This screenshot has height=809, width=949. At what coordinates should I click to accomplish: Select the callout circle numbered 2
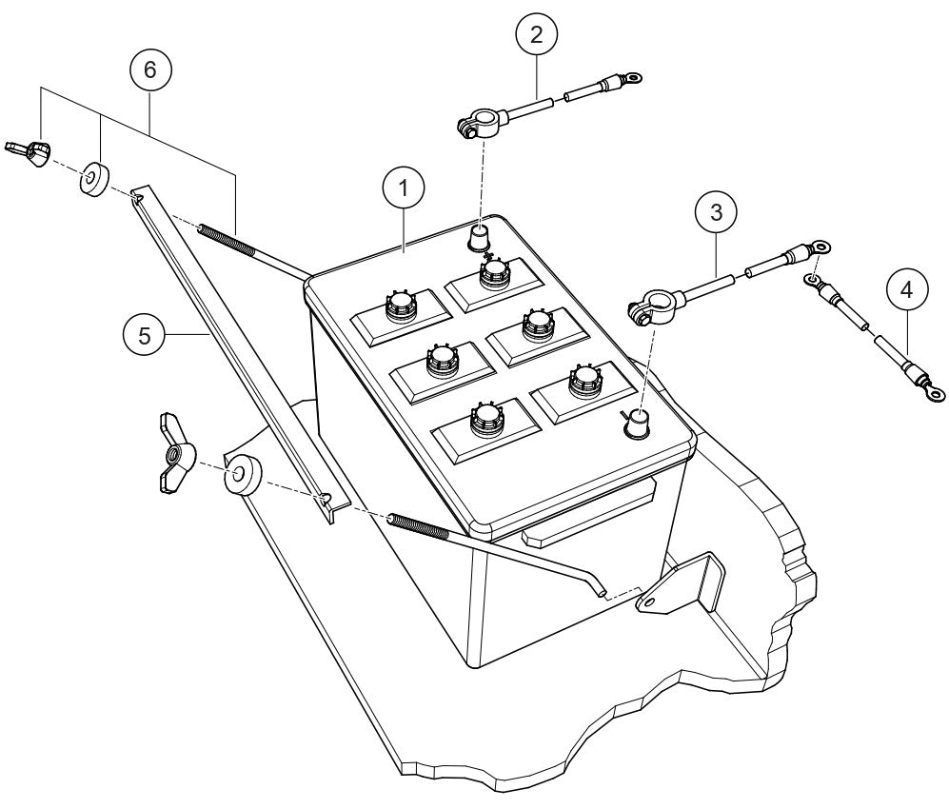(536, 35)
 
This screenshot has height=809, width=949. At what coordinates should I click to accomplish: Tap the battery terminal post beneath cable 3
(635, 423)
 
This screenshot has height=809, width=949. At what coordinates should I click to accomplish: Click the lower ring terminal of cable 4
(934, 389)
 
